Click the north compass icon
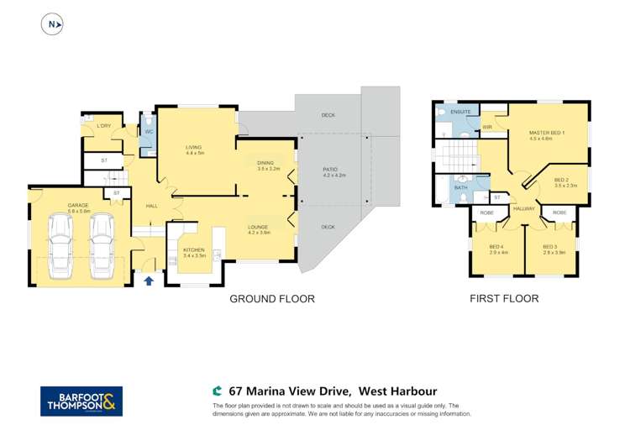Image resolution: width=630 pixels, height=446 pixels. [52, 24]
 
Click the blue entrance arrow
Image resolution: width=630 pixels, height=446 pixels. [149, 281]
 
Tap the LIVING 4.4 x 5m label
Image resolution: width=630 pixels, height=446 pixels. [195, 150]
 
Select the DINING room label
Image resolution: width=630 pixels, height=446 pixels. [268, 165]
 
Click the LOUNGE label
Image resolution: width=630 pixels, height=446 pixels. [258, 229]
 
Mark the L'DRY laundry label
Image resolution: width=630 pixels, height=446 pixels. [104, 126]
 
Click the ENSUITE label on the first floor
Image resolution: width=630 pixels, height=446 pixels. [460, 111]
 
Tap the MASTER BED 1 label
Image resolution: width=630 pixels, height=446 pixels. [546, 135]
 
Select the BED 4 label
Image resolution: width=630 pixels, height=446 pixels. [498, 249]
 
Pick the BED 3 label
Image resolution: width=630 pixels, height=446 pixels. [552, 249]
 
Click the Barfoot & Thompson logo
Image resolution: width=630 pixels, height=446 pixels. [81, 401]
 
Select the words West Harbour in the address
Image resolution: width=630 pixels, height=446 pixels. [397, 391]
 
